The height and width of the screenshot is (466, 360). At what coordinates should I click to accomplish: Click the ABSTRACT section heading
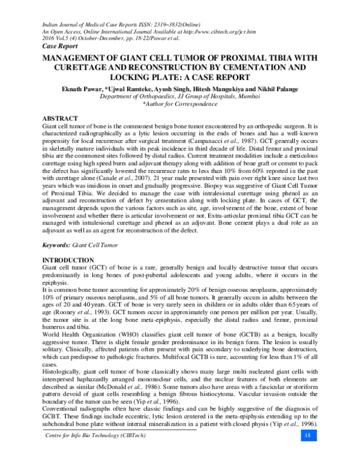(x=59, y=119)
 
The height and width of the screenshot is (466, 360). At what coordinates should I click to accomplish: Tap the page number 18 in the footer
(x=307, y=452)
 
